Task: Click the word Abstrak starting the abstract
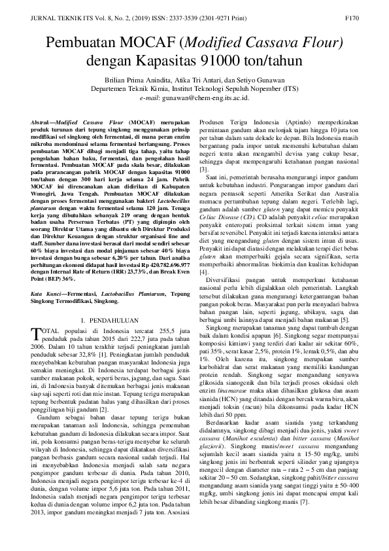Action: pyautogui.click(x=42, y=122)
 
